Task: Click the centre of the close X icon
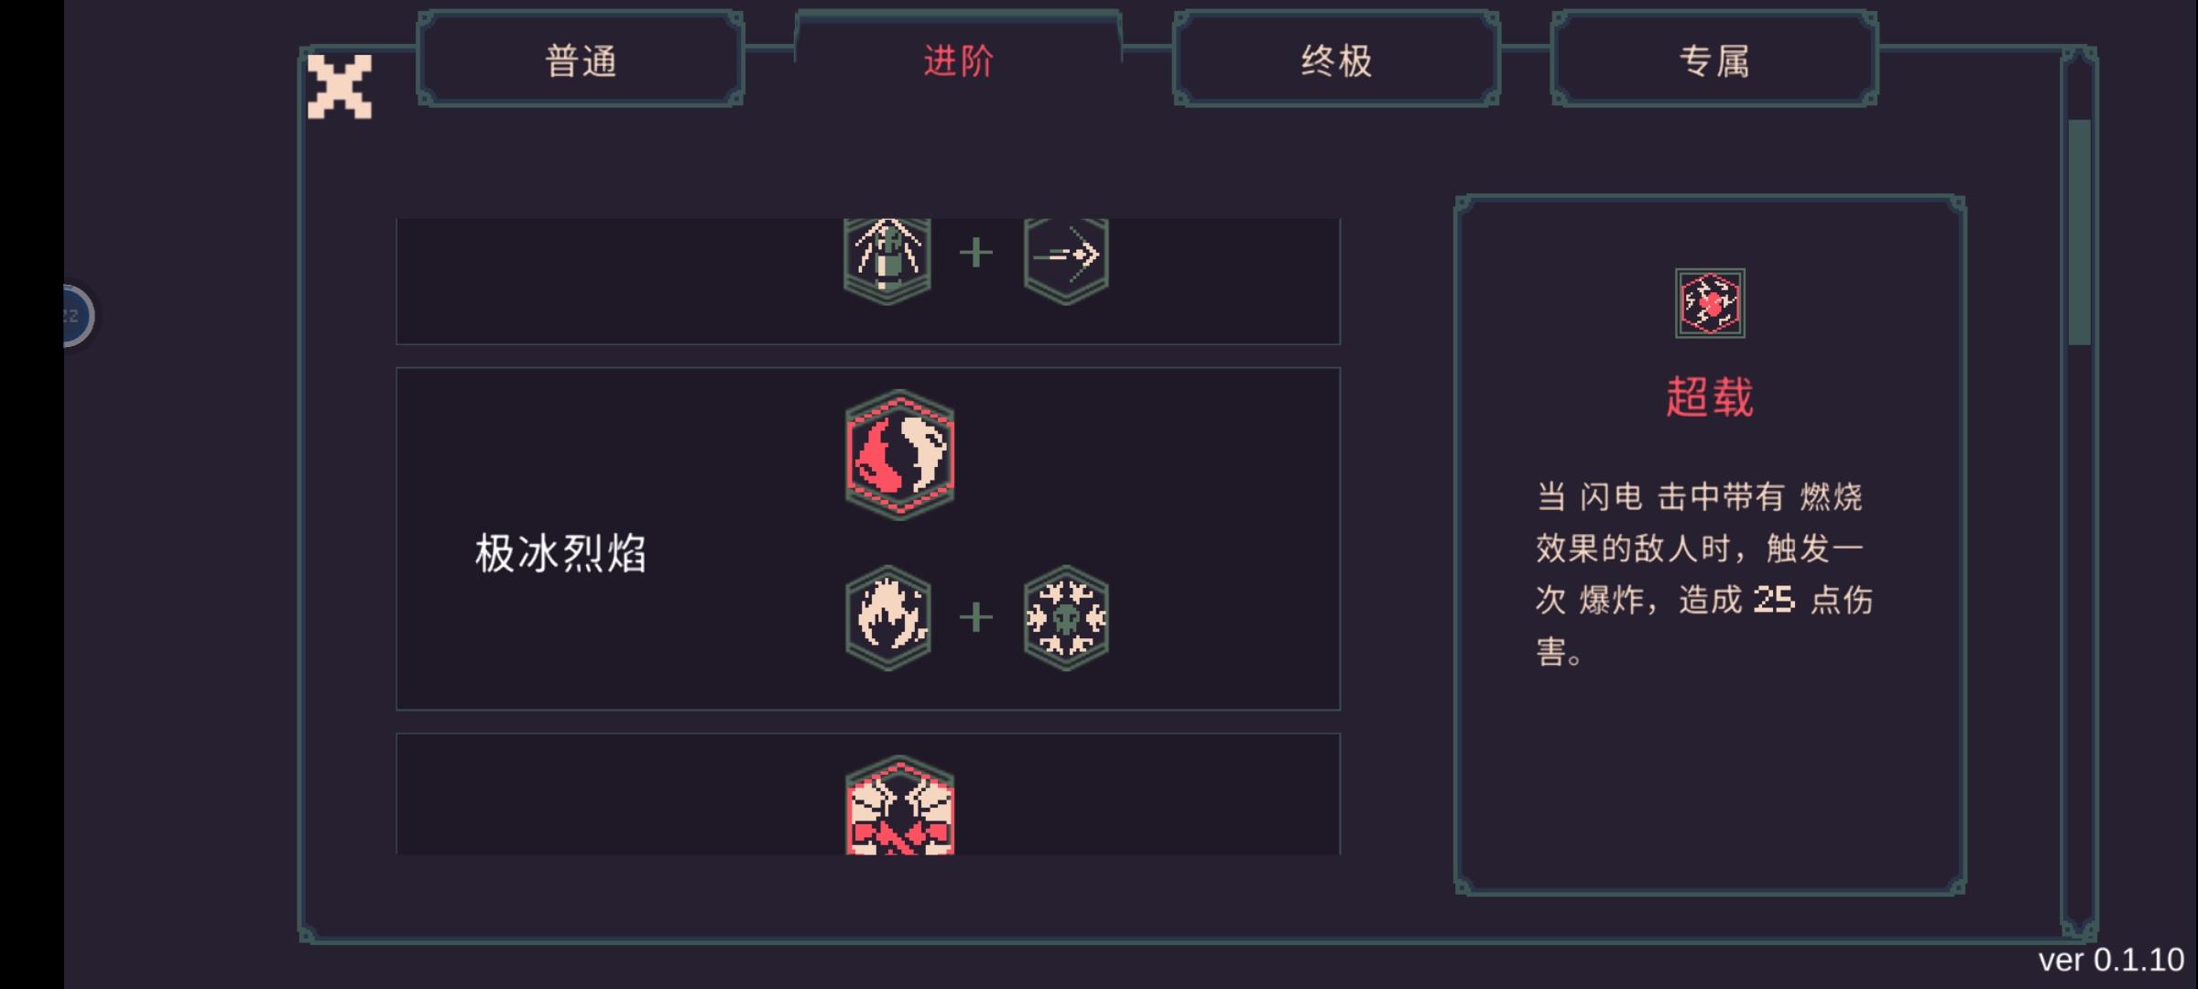340,87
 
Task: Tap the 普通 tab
581,60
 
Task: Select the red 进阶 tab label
958,61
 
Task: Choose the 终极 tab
1336,60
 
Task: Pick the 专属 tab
1714,60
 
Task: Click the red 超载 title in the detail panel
1709,397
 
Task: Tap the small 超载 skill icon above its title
1710,303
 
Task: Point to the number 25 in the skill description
1774,600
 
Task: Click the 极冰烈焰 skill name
560,553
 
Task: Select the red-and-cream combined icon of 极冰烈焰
899,454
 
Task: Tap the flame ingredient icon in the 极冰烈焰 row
888,618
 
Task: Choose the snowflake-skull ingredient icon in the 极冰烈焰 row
1066,618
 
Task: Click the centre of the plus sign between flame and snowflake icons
976,617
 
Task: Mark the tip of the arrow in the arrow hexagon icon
1097,254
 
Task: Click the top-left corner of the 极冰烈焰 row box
397,368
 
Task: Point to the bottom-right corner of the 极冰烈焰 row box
1340,710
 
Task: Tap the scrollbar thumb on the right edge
2079,233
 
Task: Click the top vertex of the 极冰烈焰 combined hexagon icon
900,390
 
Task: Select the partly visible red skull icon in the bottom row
899,806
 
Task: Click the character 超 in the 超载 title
1687,397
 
